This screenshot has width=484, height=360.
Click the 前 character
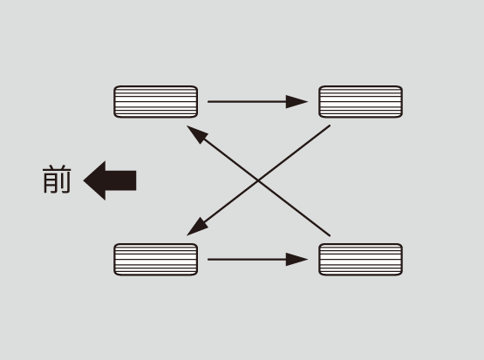[x=57, y=180]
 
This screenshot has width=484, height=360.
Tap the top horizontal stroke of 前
[x=57, y=170]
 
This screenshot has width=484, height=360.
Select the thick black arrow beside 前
[x=110, y=180]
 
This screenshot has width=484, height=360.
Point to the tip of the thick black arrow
[x=84, y=180]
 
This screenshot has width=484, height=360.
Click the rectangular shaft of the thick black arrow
[x=120, y=180]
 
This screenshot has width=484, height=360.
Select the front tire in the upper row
[x=155, y=102]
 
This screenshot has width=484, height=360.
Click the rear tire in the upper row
[x=360, y=102]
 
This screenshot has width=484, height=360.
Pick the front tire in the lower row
[x=155, y=260]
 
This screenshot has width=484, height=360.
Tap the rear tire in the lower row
[x=360, y=260]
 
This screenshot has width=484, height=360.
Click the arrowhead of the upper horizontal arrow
[x=297, y=101]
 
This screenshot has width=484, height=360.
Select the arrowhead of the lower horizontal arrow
[x=297, y=260]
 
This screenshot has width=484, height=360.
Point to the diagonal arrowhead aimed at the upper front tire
[x=196, y=133]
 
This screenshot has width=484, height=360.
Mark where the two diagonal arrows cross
[x=258, y=180]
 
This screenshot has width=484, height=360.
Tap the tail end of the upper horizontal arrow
[x=208, y=101]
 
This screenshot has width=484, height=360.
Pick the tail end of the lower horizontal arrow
[x=208, y=260]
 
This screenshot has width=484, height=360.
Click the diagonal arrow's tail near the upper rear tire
[x=330, y=126]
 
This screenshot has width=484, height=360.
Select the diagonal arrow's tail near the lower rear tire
[x=330, y=235]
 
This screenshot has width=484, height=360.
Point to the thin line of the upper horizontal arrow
[x=247, y=101]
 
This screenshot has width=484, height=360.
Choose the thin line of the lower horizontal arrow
[x=247, y=260]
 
